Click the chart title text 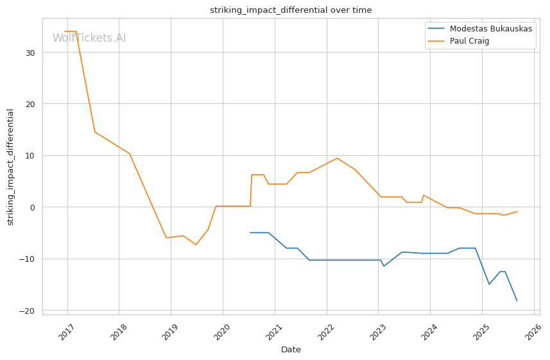(x=291, y=10)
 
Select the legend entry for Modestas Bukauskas (x=490, y=29)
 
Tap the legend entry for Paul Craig (x=469, y=41)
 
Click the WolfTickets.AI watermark (x=89, y=38)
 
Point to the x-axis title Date (x=291, y=350)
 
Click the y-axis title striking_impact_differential (x=10, y=167)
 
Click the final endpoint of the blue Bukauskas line (x=517, y=300)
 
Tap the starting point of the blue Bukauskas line (x=250, y=232)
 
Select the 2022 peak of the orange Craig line (x=337, y=158)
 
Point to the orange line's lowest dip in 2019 (x=196, y=244)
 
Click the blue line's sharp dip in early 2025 (x=489, y=284)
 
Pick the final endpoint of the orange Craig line (x=517, y=212)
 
